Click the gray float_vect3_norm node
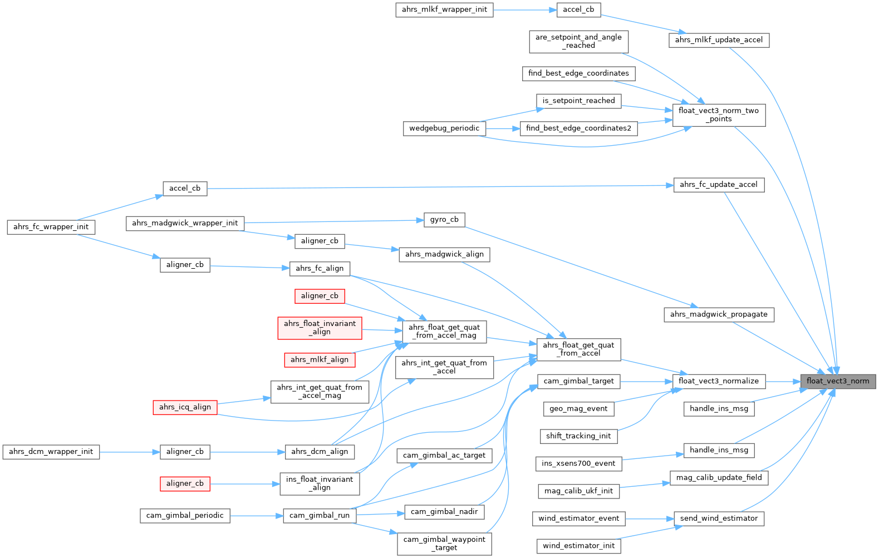click(x=838, y=381)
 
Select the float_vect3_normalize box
click(x=719, y=381)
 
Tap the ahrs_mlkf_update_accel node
click(x=719, y=40)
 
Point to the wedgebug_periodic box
click(x=444, y=129)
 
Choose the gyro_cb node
click(x=444, y=220)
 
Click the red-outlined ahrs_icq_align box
click(x=185, y=407)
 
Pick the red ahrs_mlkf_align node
click(x=320, y=359)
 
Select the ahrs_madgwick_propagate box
click(x=719, y=314)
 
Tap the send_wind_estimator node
click(x=719, y=519)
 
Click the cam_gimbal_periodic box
click(x=185, y=516)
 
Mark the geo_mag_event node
click(x=578, y=409)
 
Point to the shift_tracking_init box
click(x=578, y=436)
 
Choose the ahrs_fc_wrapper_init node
click(x=51, y=227)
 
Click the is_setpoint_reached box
click(x=578, y=101)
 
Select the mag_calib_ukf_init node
click(x=578, y=491)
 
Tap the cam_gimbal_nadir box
click(x=444, y=512)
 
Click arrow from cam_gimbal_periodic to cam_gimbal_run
click(x=256, y=516)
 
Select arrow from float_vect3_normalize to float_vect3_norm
click(x=783, y=382)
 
